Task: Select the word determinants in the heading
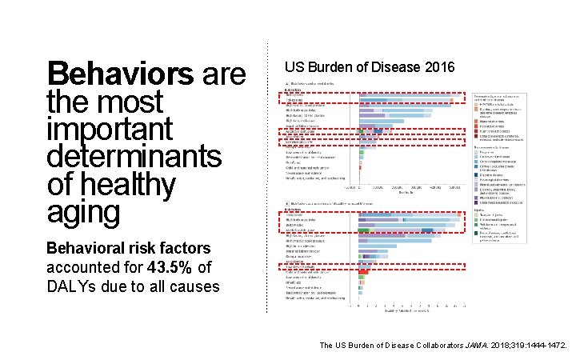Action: tap(134, 157)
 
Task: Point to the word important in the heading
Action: tap(110, 129)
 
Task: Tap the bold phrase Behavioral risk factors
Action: tap(129, 248)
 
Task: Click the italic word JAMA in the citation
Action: tap(475, 346)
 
